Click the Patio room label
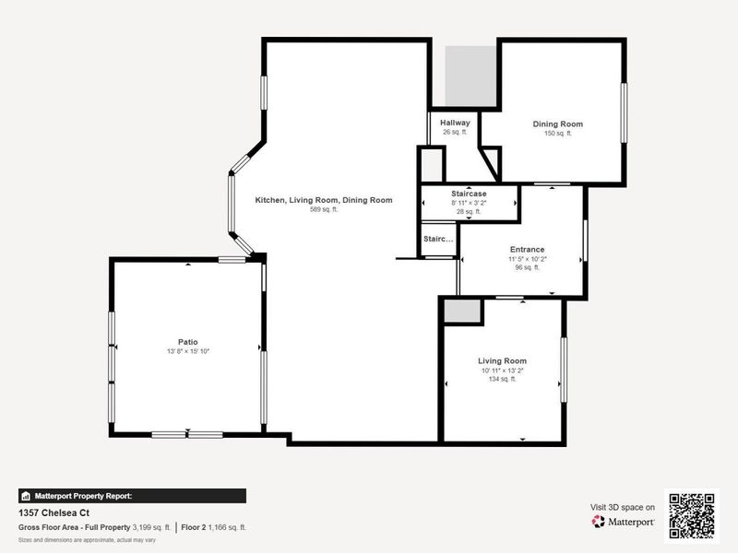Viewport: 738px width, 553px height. (x=188, y=341)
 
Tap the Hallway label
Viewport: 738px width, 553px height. (x=455, y=123)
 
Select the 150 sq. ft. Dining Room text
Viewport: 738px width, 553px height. (x=557, y=134)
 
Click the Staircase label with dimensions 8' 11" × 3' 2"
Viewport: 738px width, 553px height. (x=469, y=194)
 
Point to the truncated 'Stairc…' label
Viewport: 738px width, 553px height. (x=438, y=240)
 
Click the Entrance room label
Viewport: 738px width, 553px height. (x=527, y=250)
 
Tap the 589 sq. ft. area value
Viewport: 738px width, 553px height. (x=323, y=210)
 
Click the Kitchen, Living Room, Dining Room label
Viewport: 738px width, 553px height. (x=324, y=200)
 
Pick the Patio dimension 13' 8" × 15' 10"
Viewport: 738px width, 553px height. (x=188, y=351)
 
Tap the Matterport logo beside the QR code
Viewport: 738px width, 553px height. (x=624, y=521)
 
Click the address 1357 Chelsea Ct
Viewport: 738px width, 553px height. (x=54, y=512)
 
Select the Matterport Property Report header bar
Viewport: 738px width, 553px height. (x=131, y=495)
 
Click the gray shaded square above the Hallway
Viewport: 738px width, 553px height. (x=466, y=76)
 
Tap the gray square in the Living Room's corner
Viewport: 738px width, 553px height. (x=462, y=311)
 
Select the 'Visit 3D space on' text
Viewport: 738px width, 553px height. (x=623, y=507)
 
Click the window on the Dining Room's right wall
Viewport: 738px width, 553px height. (x=624, y=112)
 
